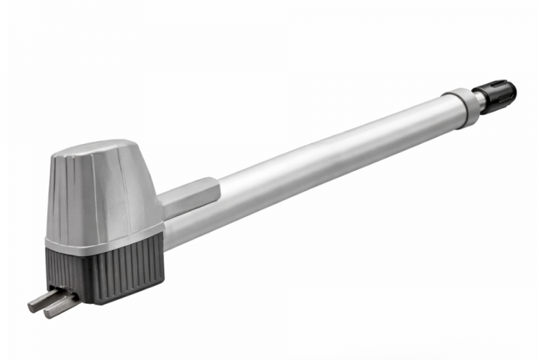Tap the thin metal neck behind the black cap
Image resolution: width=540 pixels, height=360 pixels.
[x=478, y=101]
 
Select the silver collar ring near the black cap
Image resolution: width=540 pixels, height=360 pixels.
[x=460, y=106]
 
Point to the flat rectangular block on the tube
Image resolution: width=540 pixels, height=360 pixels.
[x=190, y=197]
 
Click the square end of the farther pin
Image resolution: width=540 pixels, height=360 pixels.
[x=33, y=302]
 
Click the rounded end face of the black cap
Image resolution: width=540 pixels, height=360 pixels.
[x=512, y=91]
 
